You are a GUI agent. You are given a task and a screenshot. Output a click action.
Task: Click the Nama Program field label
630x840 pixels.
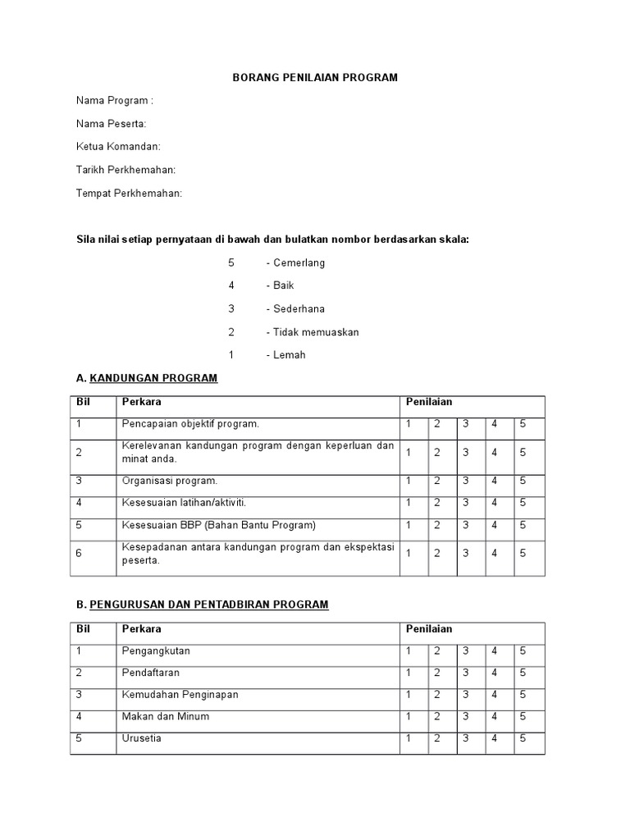pyautogui.click(x=114, y=101)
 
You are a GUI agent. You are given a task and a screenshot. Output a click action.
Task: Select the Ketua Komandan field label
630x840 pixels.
pyautogui.click(x=118, y=147)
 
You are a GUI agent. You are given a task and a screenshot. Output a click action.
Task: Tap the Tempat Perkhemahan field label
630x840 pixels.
pyautogui.click(x=129, y=193)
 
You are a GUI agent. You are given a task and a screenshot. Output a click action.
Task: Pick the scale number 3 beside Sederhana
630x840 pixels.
pyautogui.click(x=231, y=309)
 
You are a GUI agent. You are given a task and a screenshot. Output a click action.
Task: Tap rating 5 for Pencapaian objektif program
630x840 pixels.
pyautogui.click(x=523, y=424)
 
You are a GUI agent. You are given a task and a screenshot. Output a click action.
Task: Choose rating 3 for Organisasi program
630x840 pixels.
pyautogui.click(x=465, y=481)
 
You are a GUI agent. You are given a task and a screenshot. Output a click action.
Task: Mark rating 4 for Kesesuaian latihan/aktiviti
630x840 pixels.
pyautogui.click(x=494, y=503)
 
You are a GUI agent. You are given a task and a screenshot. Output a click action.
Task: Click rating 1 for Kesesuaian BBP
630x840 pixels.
pyautogui.click(x=408, y=525)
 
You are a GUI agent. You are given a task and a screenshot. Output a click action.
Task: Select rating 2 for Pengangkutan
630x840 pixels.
pyautogui.click(x=437, y=651)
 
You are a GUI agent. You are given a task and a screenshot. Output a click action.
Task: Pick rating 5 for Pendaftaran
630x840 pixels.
pyautogui.click(x=523, y=673)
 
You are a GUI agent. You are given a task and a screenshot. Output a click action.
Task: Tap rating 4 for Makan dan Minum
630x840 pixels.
pyautogui.click(x=494, y=716)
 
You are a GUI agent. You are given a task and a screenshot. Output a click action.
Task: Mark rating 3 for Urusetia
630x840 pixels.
pyautogui.click(x=465, y=738)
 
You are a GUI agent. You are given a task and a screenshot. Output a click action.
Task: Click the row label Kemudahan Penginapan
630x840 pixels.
pyautogui.click(x=180, y=695)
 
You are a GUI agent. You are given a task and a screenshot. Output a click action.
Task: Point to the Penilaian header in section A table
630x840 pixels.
pyautogui.click(x=429, y=402)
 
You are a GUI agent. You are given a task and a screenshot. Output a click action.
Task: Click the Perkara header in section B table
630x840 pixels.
pyautogui.click(x=142, y=629)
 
